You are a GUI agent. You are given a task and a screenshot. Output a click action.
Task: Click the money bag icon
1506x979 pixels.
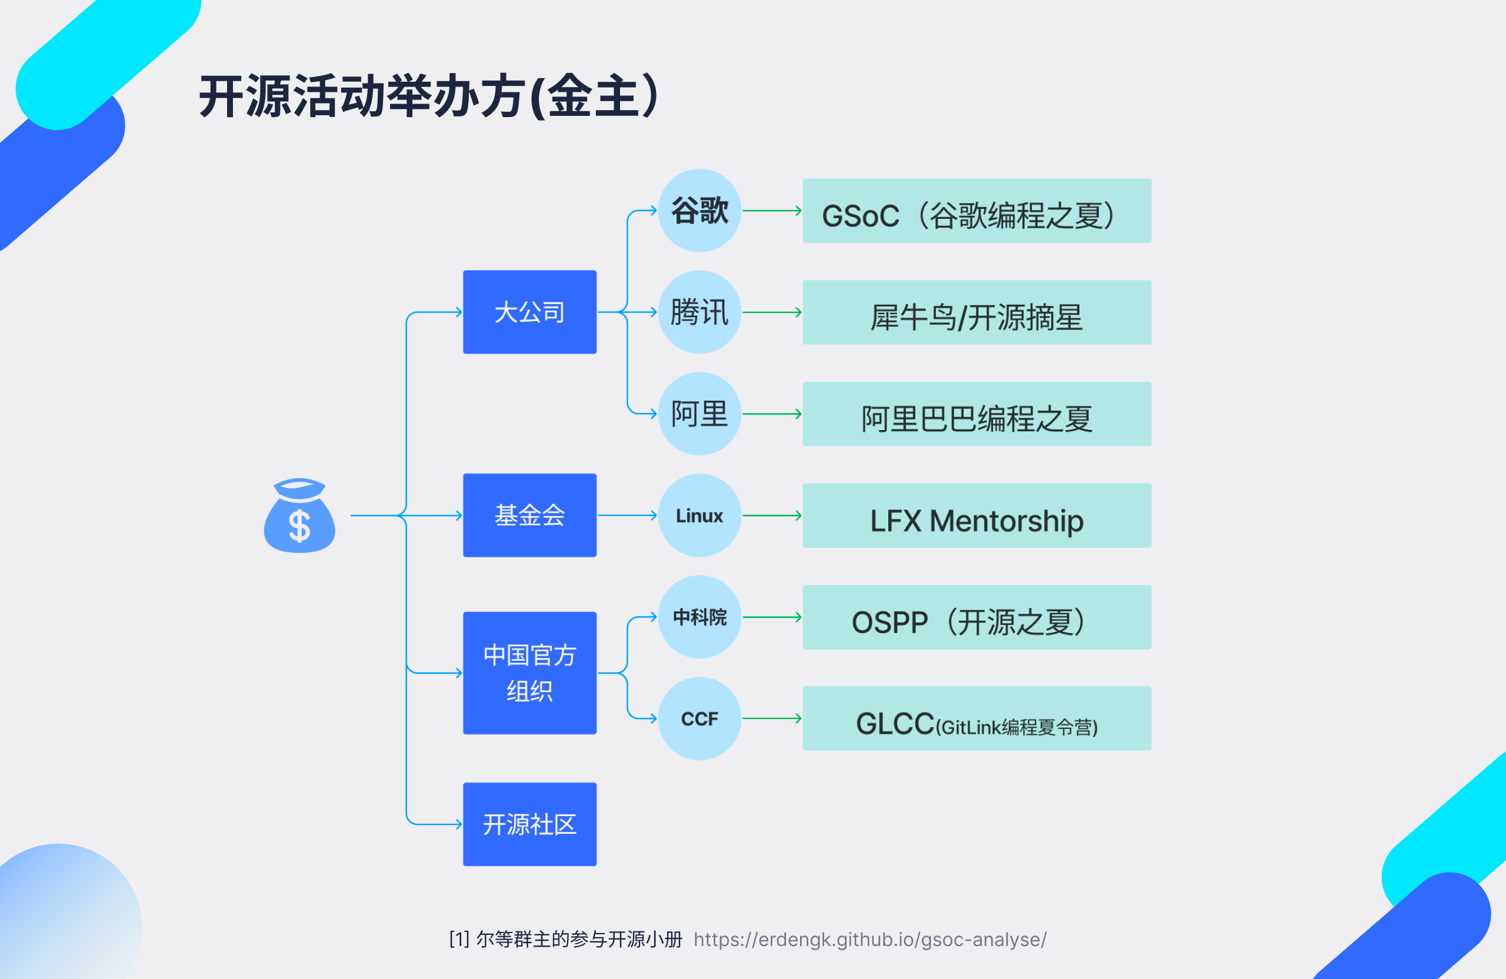coord(299,516)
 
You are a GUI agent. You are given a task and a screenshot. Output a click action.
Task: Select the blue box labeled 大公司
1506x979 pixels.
coord(529,312)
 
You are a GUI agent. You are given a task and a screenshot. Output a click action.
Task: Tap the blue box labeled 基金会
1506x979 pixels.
coord(529,515)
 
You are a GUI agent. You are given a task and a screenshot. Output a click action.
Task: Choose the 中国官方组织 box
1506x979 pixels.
coord(529,672)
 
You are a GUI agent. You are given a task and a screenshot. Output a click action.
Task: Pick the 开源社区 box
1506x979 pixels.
coord(529,824)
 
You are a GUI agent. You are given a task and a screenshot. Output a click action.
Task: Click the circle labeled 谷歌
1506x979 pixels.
coord(699,211)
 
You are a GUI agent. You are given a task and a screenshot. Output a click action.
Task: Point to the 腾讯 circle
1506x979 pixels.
coord(699,312)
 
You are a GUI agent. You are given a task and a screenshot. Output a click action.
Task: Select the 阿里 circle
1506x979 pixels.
coord(699,414)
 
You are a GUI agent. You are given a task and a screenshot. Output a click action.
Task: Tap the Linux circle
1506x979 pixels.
coord(699,515)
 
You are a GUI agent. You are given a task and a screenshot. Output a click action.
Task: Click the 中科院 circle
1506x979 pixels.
coord(699,617)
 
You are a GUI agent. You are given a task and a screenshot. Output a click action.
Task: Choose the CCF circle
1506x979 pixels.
coord(699,718)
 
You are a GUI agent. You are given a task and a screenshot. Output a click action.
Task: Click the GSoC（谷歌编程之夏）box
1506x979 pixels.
coord(977,211)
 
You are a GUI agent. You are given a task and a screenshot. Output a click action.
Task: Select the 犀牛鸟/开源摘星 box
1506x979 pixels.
coord(977,312)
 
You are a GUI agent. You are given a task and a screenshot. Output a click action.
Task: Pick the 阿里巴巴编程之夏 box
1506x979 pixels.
coord(977,414)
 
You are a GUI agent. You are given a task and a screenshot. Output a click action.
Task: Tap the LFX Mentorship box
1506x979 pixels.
coord(977,516)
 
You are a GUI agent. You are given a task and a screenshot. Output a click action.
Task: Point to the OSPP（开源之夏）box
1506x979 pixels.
coord(977,617)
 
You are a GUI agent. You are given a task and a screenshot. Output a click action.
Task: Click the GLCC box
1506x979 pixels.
coord(977,719)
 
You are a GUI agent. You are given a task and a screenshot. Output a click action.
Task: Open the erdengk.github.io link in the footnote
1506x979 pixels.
coord(870,939)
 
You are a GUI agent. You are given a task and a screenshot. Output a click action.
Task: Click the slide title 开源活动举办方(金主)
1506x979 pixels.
coord(429,96)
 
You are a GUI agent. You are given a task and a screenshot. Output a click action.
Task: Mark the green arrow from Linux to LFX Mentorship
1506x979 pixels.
coord(771,516)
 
